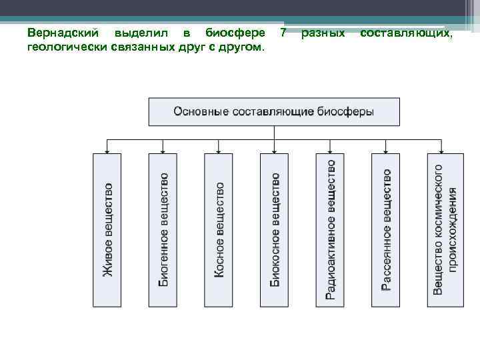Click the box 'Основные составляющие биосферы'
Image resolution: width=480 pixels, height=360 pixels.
pos(274,112)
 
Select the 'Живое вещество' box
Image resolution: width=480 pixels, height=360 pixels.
pos(107,230)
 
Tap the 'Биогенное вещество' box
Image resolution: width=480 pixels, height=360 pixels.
pos(163,230)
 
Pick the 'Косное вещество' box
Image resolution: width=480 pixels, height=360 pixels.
pos(219,230)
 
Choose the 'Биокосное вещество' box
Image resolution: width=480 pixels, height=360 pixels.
pos(274,230)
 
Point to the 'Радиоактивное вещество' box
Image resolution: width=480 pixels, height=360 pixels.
pos(330,230)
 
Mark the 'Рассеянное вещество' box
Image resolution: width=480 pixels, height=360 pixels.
pos(386,230)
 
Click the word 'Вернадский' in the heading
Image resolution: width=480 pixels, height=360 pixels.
pos(65,33)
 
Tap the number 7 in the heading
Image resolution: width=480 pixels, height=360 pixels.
pos(283,33)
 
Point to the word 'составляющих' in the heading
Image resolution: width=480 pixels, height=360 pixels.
pos(406,33)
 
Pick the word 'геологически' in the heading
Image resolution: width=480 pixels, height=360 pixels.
pos(60,47)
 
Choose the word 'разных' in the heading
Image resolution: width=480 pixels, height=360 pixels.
pos(323,33)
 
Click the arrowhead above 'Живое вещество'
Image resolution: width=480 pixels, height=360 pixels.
pos(107,150)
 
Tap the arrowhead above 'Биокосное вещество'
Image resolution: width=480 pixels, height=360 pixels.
pos(274,150)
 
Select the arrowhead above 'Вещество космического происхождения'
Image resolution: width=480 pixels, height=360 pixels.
pos(442,150)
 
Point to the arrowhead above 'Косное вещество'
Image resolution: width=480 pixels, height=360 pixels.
pos(219,150)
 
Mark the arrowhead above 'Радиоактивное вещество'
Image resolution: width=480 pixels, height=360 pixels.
pos(330,150)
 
